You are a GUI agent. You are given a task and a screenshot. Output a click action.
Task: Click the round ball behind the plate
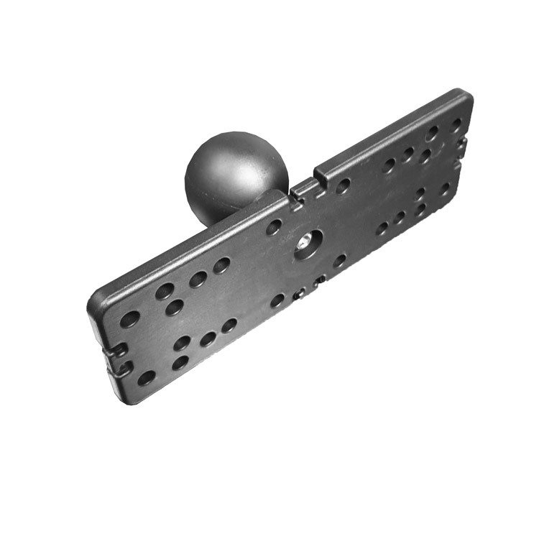235,172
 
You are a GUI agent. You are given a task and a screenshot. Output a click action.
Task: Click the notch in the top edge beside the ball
305,188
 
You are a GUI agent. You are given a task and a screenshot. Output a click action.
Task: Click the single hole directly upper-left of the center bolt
274,228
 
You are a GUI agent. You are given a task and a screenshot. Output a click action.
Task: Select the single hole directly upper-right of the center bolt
344,186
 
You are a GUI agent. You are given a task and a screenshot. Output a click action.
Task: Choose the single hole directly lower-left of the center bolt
277,300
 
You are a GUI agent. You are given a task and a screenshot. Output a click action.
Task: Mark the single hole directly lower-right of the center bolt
339,260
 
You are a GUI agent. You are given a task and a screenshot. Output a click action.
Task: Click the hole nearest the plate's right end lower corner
446,189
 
